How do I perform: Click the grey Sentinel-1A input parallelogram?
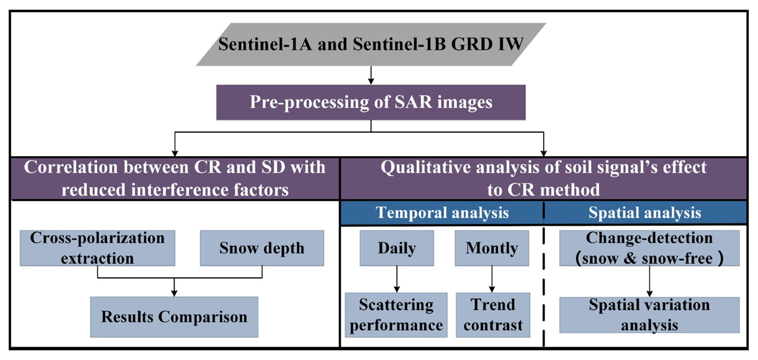(x=371, y=44)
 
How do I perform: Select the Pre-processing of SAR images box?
(x=371, y=102)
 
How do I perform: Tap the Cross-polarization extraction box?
(x=97, y=248)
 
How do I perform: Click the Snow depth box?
(x=262, y=248)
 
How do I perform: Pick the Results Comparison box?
(x=174, y=317)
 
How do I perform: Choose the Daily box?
(x=397, y=248)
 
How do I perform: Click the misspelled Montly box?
(x=492, y=248)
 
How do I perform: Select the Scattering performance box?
(x=396, y=315)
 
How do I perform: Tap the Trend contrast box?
(x=493, y=315)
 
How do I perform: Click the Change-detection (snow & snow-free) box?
(x=649, y=248)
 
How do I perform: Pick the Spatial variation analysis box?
(x=649, y=315)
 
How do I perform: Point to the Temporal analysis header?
(x=442, y=212)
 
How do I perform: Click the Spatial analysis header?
(x=645, y=212)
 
